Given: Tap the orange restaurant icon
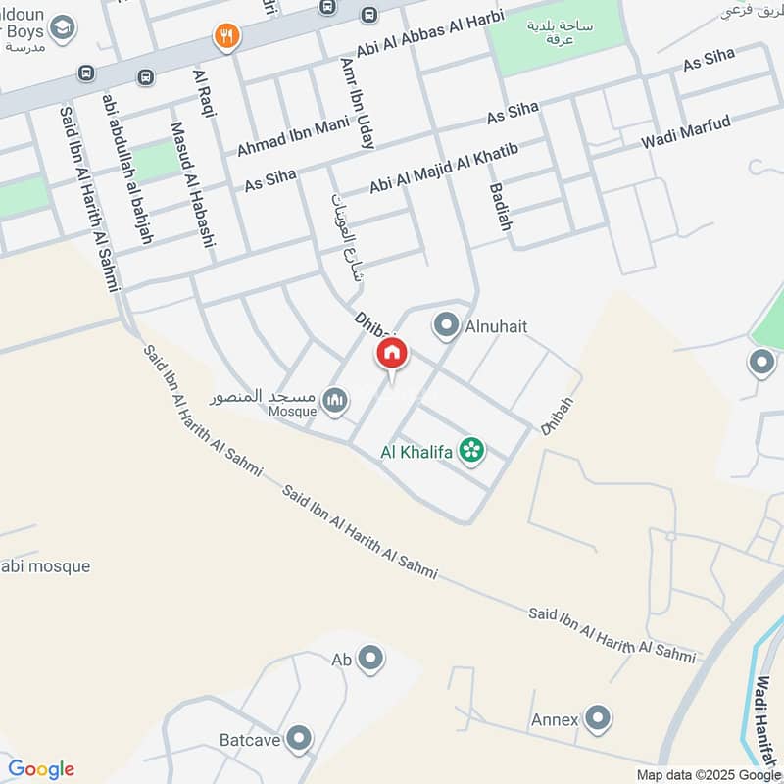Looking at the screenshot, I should click(227, 36).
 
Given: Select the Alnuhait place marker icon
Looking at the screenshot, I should click(446, 325).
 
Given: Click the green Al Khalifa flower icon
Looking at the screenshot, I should click(472, 451).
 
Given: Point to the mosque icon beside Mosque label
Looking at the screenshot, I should click(335, 401).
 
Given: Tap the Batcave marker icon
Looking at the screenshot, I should click(300, 737).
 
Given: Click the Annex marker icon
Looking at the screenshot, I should click(596, 718).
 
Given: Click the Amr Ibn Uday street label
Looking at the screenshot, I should click(357, 101).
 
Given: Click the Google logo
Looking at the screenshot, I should click(41, 769).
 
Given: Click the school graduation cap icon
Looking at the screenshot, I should click(63, 26).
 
